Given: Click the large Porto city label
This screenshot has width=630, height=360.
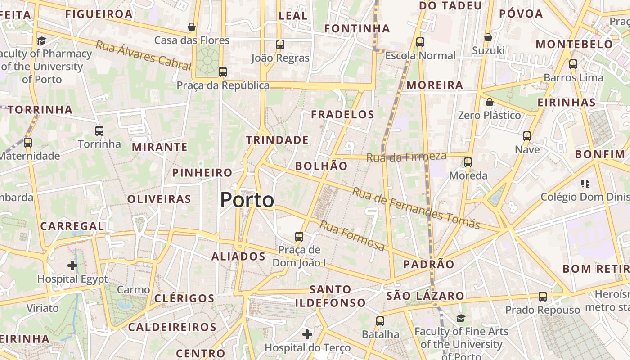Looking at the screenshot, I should tap(247, 200).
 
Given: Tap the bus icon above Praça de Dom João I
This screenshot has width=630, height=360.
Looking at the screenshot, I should tap(299, 236).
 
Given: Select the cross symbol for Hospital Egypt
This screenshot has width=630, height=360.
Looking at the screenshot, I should tap(72, 265).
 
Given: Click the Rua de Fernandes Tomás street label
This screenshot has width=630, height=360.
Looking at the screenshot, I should tap(416, 208).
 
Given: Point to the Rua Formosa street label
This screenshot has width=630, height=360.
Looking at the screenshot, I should tap(352, 236).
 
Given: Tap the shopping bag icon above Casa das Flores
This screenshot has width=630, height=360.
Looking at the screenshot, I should tap(192, 27).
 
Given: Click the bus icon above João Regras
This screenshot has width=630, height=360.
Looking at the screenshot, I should tap(280, 45).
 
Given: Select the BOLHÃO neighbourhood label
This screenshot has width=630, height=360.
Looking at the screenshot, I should tap(321, 166).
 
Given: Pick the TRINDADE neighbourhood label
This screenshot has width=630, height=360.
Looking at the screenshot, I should tap(278, 140).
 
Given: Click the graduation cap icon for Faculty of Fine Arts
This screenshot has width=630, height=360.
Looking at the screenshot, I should tap(461, 319).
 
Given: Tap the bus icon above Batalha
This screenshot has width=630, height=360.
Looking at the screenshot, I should tap(380, 321).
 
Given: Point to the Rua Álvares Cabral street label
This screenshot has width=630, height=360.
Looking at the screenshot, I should tap(144, 55).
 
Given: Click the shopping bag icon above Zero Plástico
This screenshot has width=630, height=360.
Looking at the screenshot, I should tap(490, 103).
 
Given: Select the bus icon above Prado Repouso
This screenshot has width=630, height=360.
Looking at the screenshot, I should tap(543, 297).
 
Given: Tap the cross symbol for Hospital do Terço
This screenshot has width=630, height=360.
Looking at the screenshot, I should tap(307, 334).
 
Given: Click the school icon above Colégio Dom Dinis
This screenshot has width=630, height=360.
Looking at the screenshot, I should tap(585, 183).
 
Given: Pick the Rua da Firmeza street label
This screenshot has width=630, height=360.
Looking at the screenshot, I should tap(406, 157).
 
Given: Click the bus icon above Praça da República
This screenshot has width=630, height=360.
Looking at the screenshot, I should tap(222, 72).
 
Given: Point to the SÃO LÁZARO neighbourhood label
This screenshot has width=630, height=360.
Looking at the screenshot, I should tap(425, 296).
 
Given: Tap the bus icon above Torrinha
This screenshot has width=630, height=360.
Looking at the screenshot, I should tap(99, 131).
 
